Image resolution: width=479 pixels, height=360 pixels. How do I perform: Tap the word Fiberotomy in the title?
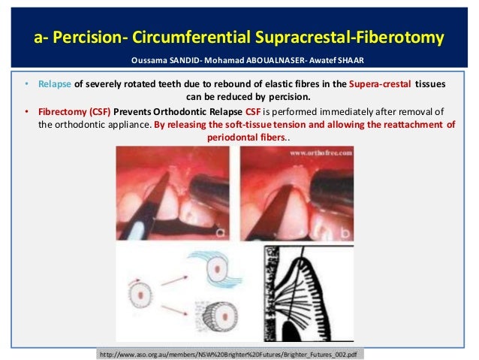(x=398, y=36)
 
